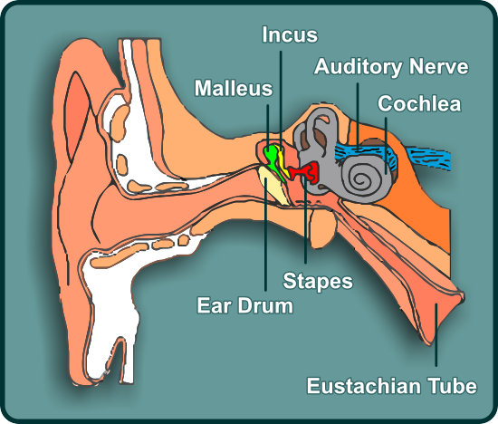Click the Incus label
pos(290,34)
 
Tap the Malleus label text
pos(234,88)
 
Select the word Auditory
pos(358,67)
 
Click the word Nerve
pos(438,66)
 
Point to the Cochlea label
pos(419,103)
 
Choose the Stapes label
pos(318,281)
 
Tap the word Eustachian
pos(364,386)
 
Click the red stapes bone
pos(305,171)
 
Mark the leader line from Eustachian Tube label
pos(436,335)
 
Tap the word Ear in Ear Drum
pos(214,305)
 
